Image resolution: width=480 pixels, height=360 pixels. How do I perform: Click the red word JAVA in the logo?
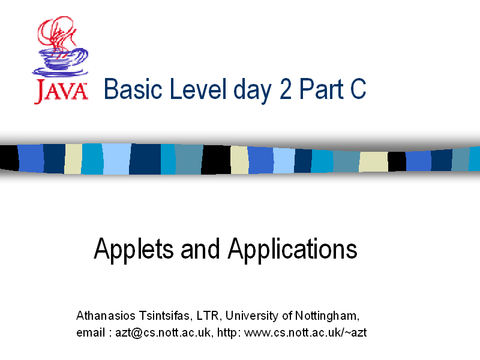[61, 91]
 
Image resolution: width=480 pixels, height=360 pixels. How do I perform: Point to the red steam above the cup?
[56, 32]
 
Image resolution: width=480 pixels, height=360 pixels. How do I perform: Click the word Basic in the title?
[133, 89]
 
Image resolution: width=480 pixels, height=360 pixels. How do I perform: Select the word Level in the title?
[198, 89]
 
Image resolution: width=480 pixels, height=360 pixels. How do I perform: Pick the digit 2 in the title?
[286, 89]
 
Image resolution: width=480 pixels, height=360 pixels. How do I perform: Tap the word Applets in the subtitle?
[134, 250]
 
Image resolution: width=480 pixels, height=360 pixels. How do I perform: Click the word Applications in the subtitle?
[292, 250]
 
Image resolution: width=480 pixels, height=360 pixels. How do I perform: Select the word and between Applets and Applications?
[200, 249]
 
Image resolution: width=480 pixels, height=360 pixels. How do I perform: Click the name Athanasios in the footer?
[106, 316]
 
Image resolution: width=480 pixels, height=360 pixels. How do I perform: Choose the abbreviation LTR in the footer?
[208, 316]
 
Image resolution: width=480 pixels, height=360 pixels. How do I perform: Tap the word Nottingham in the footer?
[327, 316]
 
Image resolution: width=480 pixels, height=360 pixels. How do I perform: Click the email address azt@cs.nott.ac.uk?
[163, 332]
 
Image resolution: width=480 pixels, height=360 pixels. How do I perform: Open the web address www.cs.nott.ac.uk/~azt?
[305, 332]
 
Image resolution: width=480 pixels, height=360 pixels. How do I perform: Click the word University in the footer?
[252, 316]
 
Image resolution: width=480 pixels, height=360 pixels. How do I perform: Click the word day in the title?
[253, 91]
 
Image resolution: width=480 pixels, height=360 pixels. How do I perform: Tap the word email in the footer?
[91, 332]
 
